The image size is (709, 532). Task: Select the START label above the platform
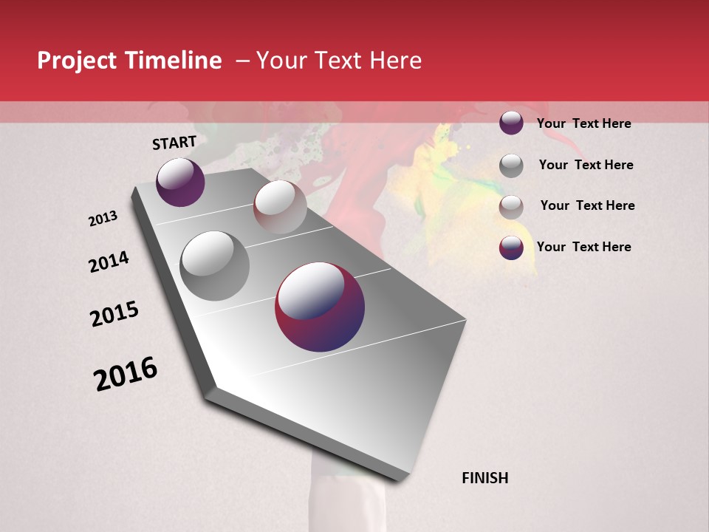tap(174, 143)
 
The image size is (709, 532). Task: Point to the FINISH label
tap(484, 478)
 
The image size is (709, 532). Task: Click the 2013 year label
tap(103, 219)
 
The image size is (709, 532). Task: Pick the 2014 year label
tap(109, 262)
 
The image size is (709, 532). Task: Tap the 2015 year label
tap(114, 314)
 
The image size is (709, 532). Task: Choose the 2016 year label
tap(126, 374)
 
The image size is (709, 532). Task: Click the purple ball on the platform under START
tap(180, 182)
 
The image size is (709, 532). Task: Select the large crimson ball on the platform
tap(320, 307)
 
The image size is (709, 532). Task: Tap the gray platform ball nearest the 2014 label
tap(215, 265)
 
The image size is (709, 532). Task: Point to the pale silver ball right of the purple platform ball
tap(280, 207)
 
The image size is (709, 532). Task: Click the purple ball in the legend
tap(511, 123)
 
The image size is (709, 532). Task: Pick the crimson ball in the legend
tap(511, 248)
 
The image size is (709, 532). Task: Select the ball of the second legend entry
tap(511, 166)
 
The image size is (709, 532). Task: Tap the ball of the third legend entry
tap(511, 207)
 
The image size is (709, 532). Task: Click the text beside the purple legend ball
tap(583, 123)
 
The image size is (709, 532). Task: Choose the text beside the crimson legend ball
tap(583, 247)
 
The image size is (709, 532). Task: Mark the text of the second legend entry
tap(586, 165)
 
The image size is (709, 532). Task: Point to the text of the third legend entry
tap(587, 205)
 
